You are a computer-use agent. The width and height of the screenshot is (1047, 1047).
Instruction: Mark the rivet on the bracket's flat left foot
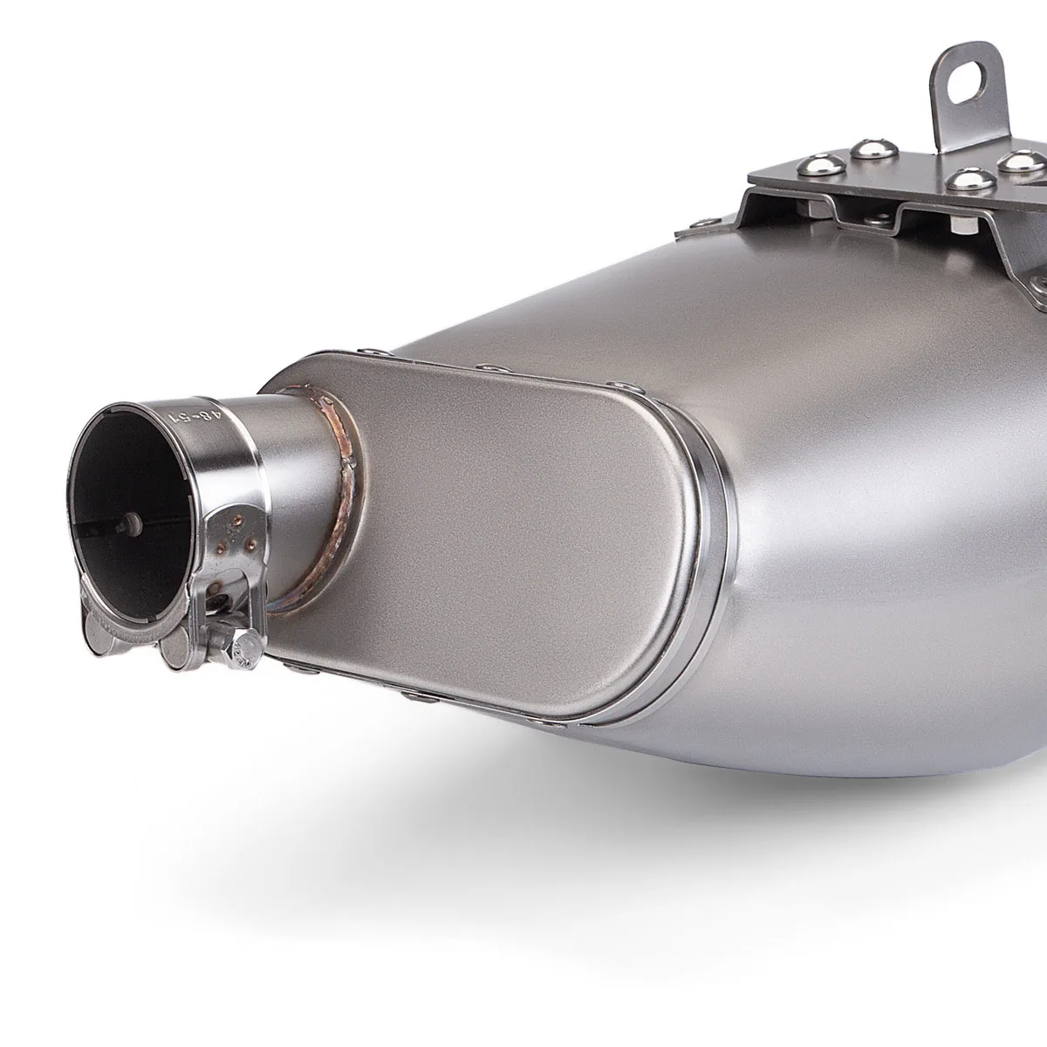[701, 222]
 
